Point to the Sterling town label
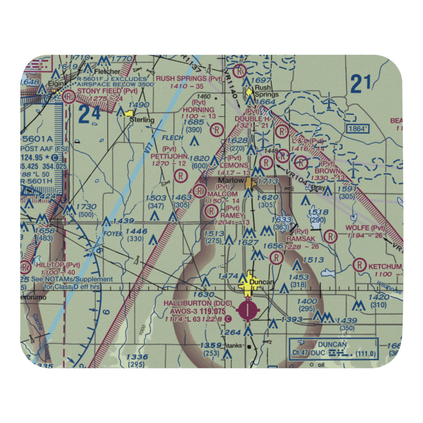(142, 120)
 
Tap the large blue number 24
(89, 114)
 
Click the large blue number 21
(361, 84)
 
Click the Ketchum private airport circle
(359, 266)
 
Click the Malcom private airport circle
(199, 192)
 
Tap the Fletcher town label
(107, 71)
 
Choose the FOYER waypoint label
(112, 233)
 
